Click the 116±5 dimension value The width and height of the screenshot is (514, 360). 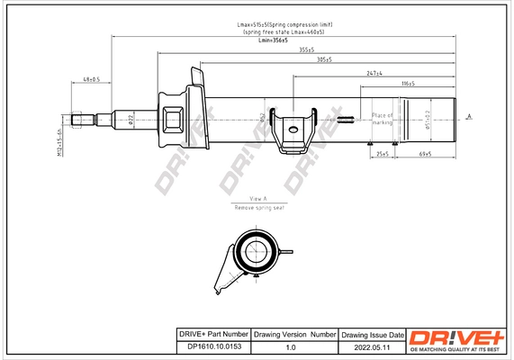[x=408, y=83]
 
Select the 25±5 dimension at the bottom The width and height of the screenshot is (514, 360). [x=383, y=154]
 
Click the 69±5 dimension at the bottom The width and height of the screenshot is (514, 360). [x=426, y=154]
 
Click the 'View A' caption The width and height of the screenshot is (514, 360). [x=258, y=197]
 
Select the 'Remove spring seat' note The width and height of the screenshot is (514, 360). [x=257, y=207]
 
